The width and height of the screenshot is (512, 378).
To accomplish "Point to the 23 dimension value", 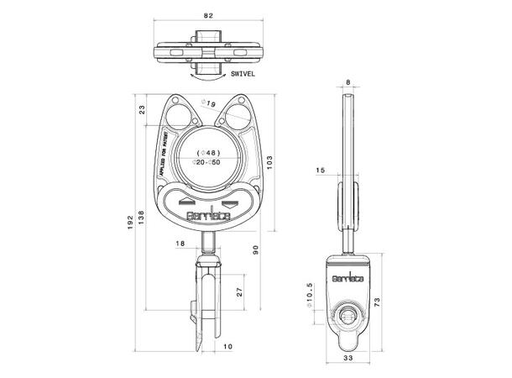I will tap(142, 109).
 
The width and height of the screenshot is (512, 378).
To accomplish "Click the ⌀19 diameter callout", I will tap(210, 103).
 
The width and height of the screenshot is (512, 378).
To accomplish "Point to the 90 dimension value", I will tap(254, 249).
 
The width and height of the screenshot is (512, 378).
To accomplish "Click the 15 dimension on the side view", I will tap(321, 171).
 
